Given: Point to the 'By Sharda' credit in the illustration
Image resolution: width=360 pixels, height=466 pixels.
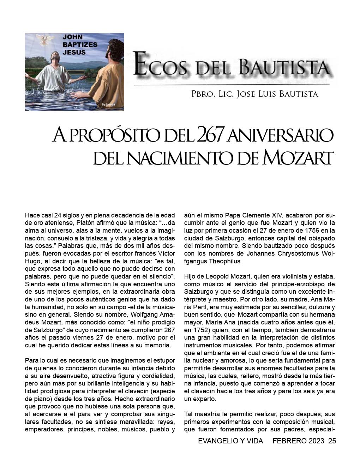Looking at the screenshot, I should tap(108, 104).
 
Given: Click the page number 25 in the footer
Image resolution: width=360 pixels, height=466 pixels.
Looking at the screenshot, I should tap(332, 441).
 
